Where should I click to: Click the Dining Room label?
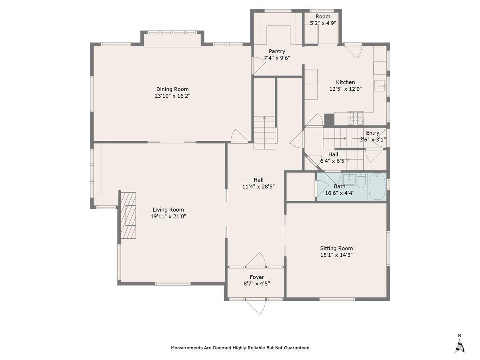(x=172, y=89)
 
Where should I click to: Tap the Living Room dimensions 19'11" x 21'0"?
(x=168, y=216)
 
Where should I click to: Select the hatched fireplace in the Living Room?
(x=128, y=215)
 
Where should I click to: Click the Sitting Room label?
(x=336, y=248)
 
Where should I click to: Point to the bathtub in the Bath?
(x=377, y=186)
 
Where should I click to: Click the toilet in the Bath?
(x=361, y=180)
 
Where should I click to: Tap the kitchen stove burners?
(x=355, y=118)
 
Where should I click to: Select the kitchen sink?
(x=380, y=86)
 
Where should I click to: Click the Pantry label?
(x=277, y=51)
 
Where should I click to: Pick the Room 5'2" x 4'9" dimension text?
(x=323, y=23)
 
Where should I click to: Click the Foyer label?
(x=257, y=277)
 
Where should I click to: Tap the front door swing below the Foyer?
(x=256, y=307)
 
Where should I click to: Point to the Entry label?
(x=372, y=133)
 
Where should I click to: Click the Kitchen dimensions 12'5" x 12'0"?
(x=346, y=89)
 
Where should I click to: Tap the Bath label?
(x=340, y=186)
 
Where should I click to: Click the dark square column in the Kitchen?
(x=329, y=120)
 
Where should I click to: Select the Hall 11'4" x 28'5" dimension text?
(x=258, y=187)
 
